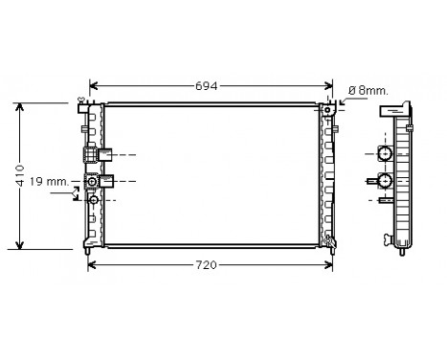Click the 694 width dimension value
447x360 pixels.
click(x=208, y=85)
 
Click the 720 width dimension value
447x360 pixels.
click(x=210, y=263)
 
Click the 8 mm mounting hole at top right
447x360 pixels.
click(x=328, y=108)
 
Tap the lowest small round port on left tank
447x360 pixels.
click(x=93, y=200)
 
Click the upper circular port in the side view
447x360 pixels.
click(x=384, y=154)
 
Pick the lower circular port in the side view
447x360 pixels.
click(x=384, y=180)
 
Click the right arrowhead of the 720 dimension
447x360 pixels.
click(x=331, y=263)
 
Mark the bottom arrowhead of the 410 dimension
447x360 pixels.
click(x=20, y=244)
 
